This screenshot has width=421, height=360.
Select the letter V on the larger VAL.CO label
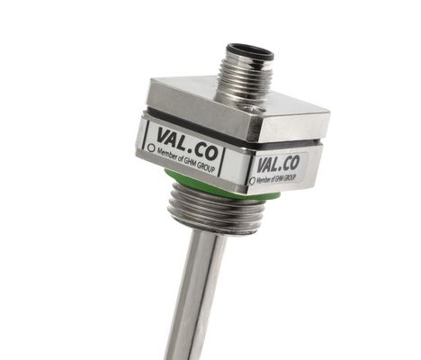click(x=166, y=136)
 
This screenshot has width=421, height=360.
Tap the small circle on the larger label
click(x=152, y=148)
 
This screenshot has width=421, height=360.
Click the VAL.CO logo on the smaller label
click(x=278, y=165)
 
